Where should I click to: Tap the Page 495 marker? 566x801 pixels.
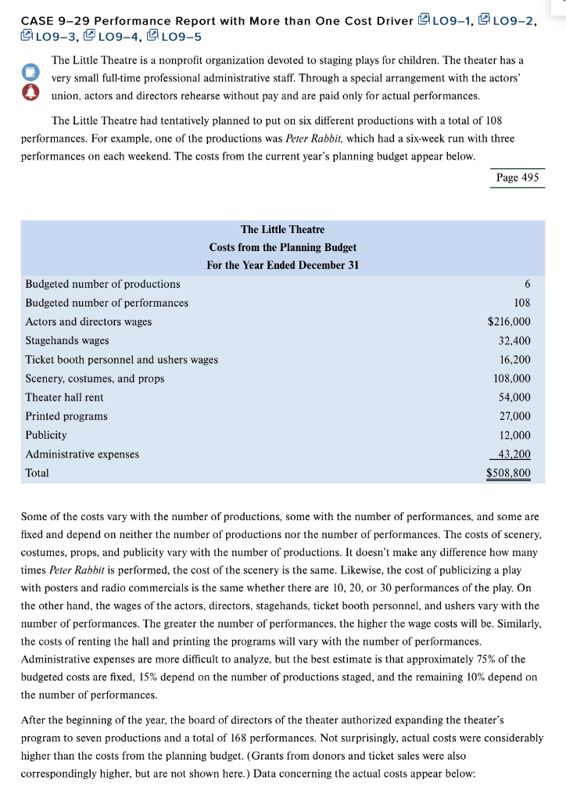point(518,178)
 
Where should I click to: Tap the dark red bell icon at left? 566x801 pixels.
point(30,92)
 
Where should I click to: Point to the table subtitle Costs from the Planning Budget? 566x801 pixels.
point(282,247)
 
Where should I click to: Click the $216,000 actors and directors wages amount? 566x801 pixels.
point(508,321)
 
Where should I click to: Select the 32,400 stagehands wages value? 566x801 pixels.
point(514,341)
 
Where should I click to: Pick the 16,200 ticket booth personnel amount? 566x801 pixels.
point(514,360)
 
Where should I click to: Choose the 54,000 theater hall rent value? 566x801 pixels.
point(514,397)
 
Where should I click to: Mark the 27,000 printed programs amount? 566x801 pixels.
point(514,416)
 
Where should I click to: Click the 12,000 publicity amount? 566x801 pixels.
point(514,435)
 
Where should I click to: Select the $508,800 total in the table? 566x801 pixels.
point(508,473)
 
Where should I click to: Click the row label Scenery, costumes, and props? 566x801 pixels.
point(95,379)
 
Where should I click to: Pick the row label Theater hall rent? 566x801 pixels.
point(64,397)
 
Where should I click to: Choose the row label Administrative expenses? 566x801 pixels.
point(82,454)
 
